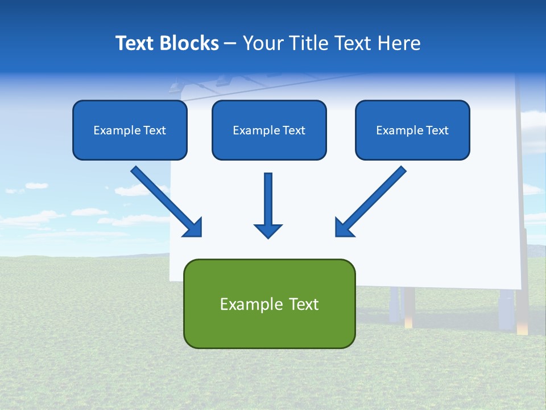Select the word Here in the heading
pyautogui.click(x=400, y=43)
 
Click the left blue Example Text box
pyautogui.click(x=130, y=130)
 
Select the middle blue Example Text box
pyautogui.click(x=269, y=130)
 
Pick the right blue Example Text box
pyautogui.click(x=412, y=130)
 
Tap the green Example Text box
pyautogui.click(x=269, y=304)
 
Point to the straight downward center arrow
pyautogui.click(x=268, y=199)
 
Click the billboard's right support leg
pyautogui.click(x=506, y=310)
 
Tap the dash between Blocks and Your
pyautogui.click(x=230, y=43)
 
